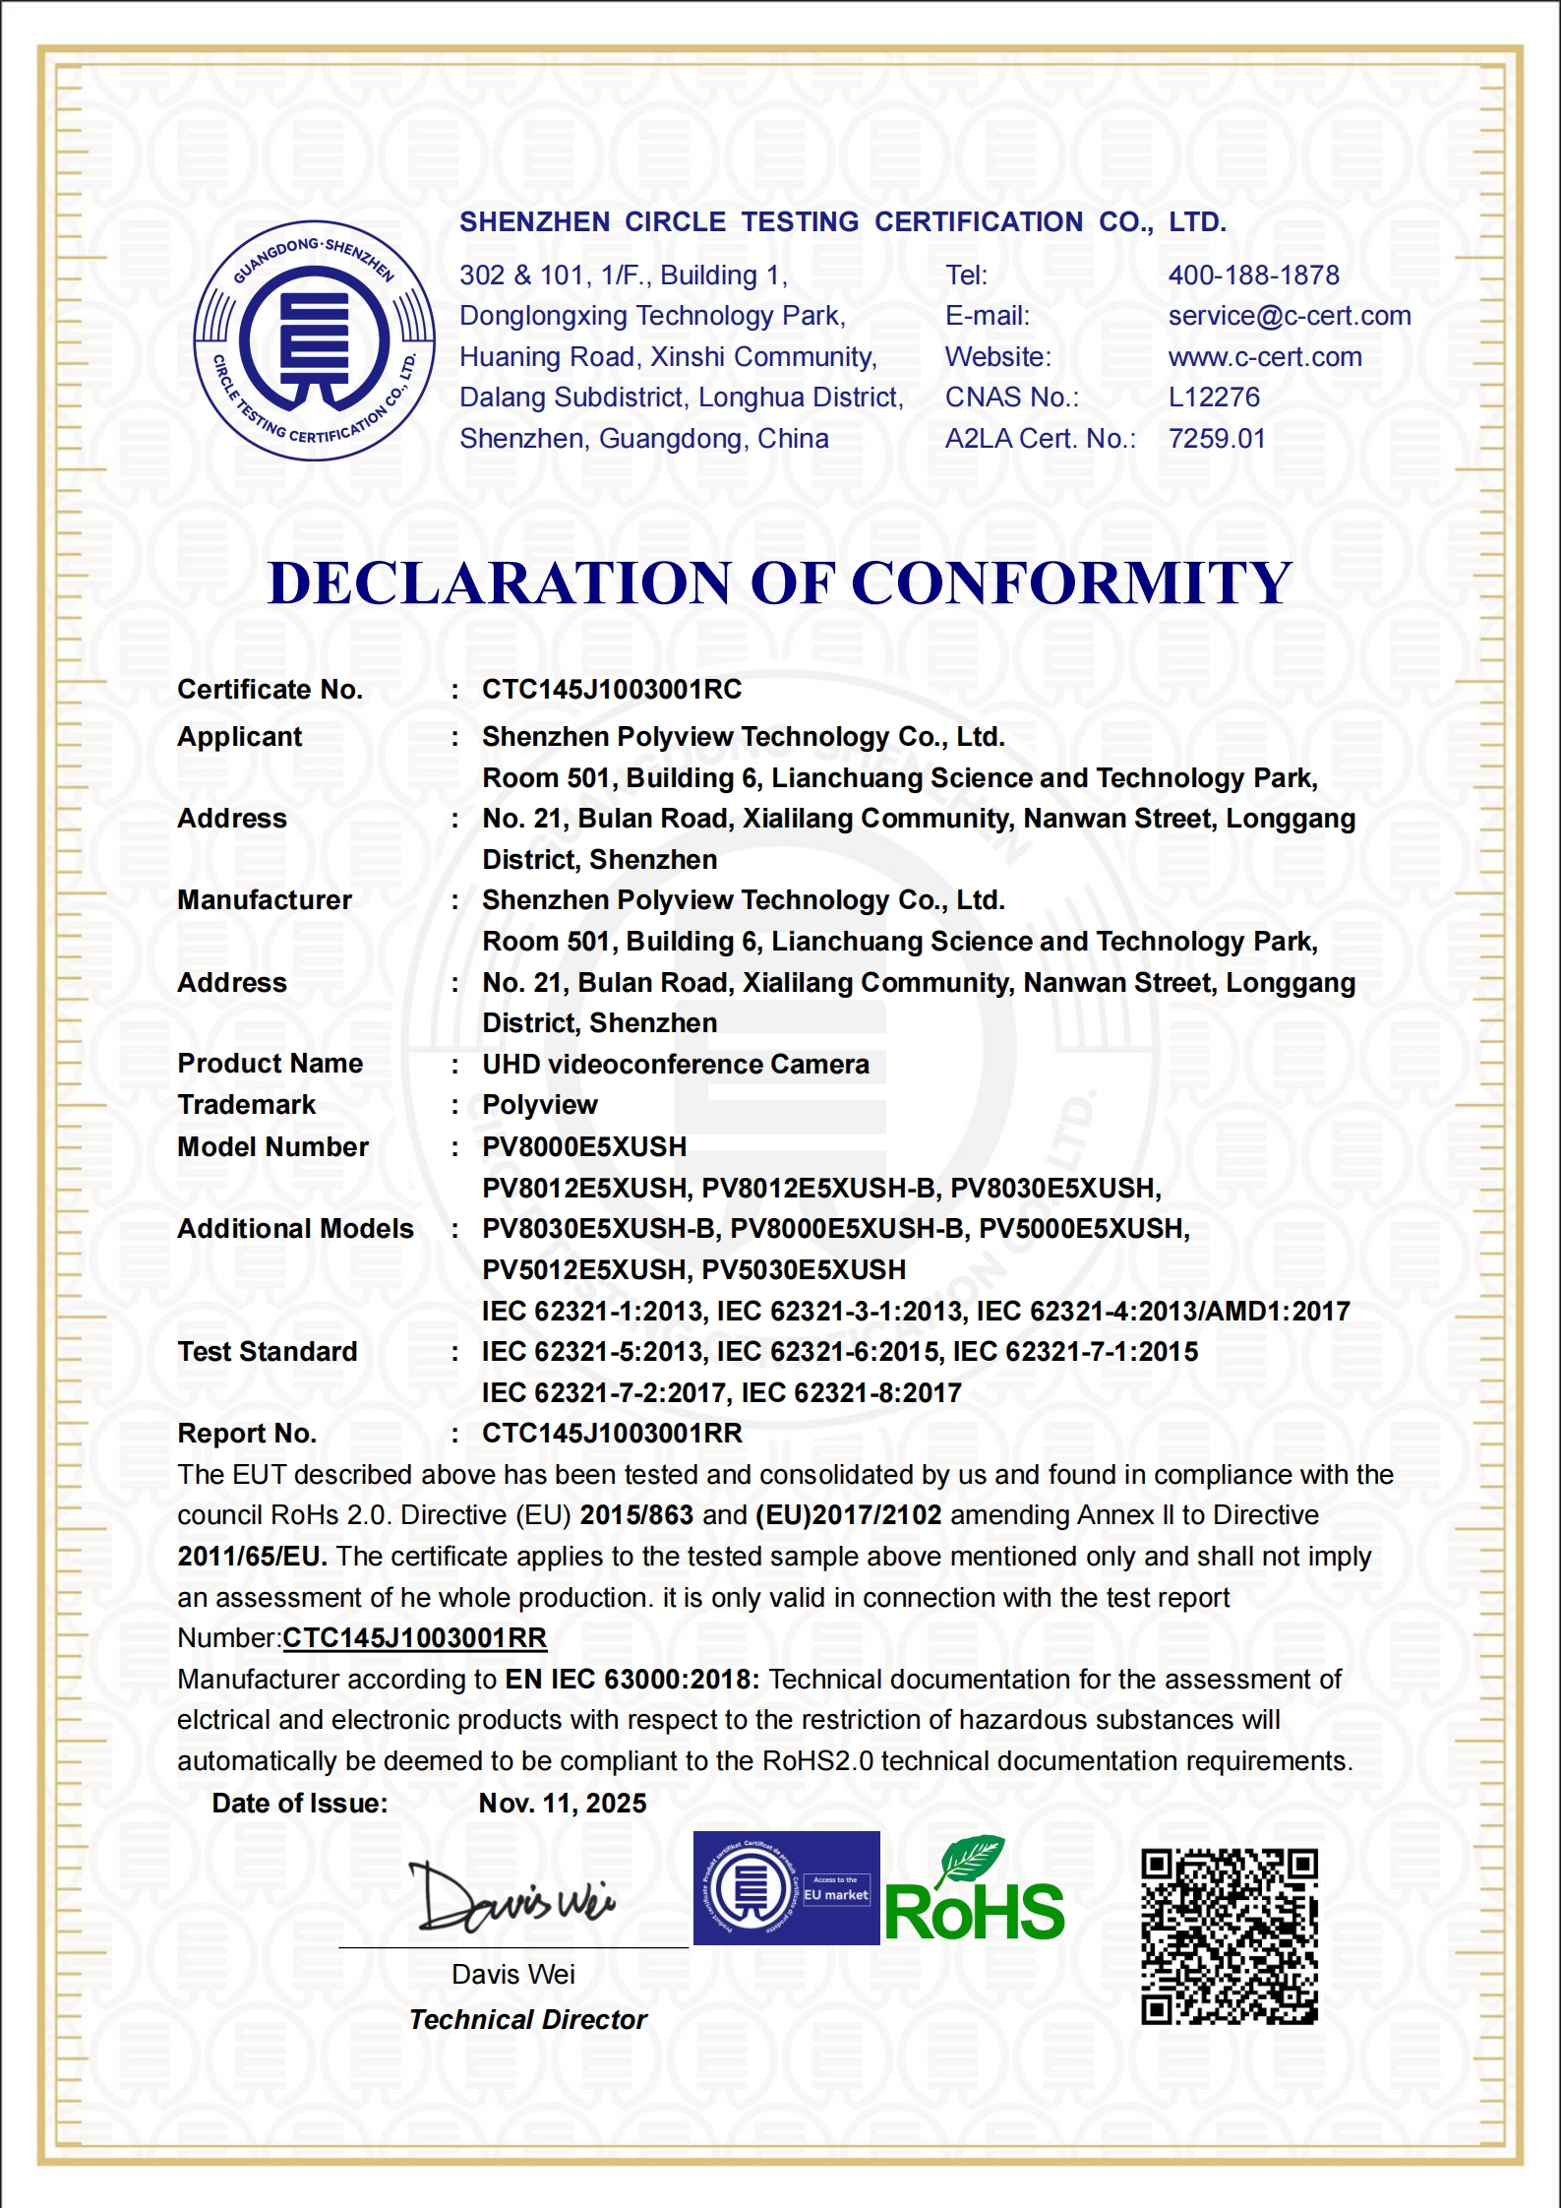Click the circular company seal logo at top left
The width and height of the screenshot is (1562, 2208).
pyautogui.click(x=315, y=340)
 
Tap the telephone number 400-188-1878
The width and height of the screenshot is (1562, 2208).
pyautogui.click(x=1253, y=276)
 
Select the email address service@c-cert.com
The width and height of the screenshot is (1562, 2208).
pyautogui.click(x=1289, y=316)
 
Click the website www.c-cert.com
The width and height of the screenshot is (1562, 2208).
pyautogui.click(x=1265, y=357)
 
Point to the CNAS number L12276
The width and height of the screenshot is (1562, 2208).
pyautogui.click(x=1214, y=398)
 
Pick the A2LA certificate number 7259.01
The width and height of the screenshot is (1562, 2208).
pyautogui.click(x=1217, y=439)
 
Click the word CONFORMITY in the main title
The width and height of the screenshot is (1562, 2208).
pyautogui.click(x=1071, y=583)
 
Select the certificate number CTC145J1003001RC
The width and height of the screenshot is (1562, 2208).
pyautogui.click(x=612, y=690)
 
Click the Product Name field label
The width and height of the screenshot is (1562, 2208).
pyautogui.click(x=270, y=1064)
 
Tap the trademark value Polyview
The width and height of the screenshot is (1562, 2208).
pyautogui.click(x=540, y=1105)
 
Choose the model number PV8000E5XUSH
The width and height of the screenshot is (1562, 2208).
pyautogui.click(x=584, y=1147)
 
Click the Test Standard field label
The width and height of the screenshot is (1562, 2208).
pyautogui.click(x=268, y=1352)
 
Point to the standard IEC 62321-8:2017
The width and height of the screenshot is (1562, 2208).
pyautogui.click(x=851, y=1393)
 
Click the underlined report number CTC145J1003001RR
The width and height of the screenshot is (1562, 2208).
pyautogui.click(x=414, y=1638)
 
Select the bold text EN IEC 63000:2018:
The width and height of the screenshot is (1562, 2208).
pyautogui.click(x=632, y=1680)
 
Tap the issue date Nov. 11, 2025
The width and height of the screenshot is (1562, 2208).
pyautogui.click(x=563, y=1804)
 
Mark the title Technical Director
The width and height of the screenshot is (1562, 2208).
pyautogui.click(x=528, y=2020)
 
